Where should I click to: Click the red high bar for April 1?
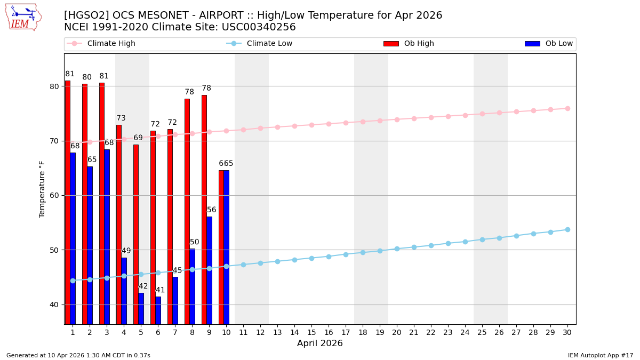click(x=68, y=203)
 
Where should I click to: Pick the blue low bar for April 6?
click(x=158, y=310)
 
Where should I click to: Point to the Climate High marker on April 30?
click(x=567, y=108)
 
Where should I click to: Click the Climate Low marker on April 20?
click(x=397, y=249)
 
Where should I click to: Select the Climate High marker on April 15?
click(x=311, y=125)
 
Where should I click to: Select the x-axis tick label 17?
click(x=346, y=332)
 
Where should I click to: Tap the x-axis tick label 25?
click(x=482, y=332)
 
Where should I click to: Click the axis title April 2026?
click(x=320, y=343)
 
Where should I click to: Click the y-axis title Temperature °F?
click(x=43, y=189)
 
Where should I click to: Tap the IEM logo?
click(x=22, y=17)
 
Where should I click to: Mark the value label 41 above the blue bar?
click(x=160, y=290)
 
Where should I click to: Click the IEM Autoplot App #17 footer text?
click(x=601, y=355)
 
